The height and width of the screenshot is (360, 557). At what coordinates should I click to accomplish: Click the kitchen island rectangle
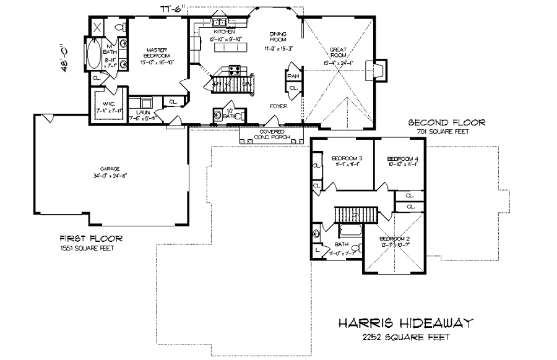(230, 47)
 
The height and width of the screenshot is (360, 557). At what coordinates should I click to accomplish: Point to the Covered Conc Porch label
(272, 134)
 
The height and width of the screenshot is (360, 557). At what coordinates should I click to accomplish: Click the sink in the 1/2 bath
(218, 114)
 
